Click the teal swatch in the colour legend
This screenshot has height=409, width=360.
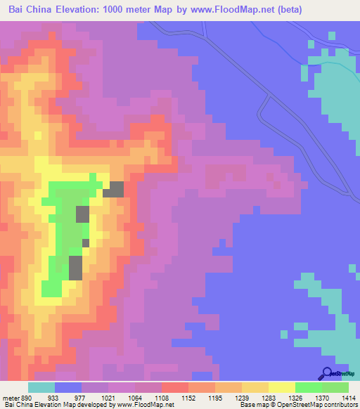(41, 387)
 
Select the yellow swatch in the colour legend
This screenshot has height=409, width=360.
(281, 387)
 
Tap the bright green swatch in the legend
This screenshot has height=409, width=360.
(308, 387)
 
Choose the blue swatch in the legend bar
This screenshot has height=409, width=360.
(67, 387)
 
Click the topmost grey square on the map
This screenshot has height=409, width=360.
(114, 189)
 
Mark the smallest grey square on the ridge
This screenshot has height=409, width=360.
(86, 242)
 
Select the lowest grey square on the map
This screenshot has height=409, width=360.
(75, 268)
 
